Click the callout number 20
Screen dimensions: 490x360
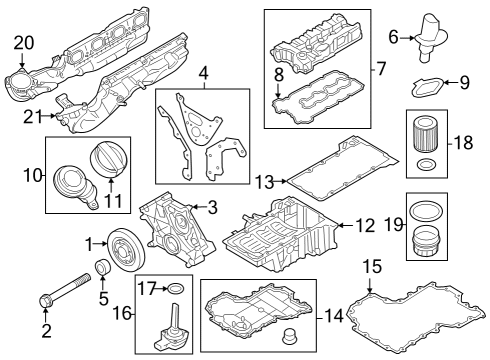pyautogui.click(x=24, y=43)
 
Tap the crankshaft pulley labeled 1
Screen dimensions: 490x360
pyautogui.click(x=126, y=250)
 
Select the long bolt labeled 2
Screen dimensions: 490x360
pyautogui.click(x=65, y=289)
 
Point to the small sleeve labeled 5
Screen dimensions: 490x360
pyautogui.click(x=103, y=267)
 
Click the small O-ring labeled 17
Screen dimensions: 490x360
pyautogui.click(x=175, y=289)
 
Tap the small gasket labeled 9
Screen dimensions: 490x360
pyautogui.click(x=427, y=87)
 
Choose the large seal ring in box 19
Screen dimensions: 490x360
pyautogui.click(x=426, y=211)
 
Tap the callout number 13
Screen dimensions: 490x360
pyautogui.click(x=265, y=182)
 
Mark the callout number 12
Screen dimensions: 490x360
pyautogui.click(x=365, y=226)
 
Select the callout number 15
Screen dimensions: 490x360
pyautogui.click(x=372, y=266)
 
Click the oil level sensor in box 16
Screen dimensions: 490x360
pyautogui.click(x=171, y=328)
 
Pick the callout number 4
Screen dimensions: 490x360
pyautogui.click(x=204, y=73)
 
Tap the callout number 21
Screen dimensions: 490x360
pyautogui.click(x=33, y=117)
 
